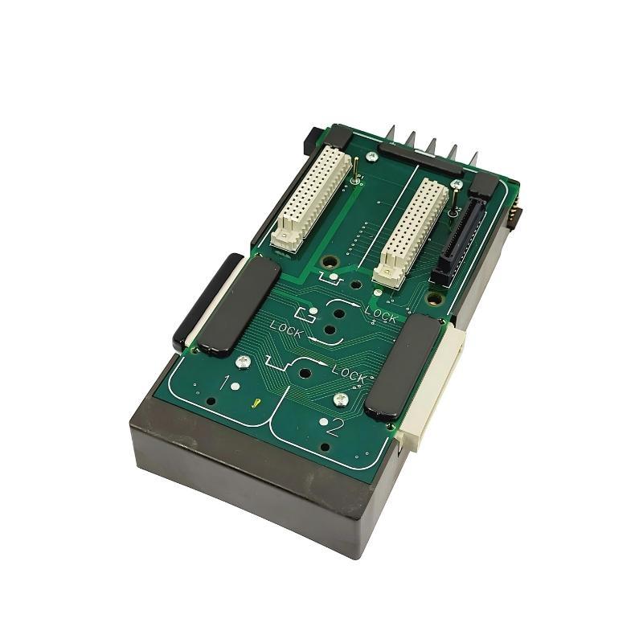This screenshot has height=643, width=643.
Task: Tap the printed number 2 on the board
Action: pos(334,426)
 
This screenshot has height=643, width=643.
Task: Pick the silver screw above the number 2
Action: pos(341,396)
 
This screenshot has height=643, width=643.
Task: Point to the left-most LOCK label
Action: pos(287,328)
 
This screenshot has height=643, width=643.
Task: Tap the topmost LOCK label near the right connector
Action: pos(381,314)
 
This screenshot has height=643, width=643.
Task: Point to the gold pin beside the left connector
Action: pos(355,169)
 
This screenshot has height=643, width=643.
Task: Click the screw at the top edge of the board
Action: pos(371,156)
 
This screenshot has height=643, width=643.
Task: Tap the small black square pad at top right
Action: pos(484,186)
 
